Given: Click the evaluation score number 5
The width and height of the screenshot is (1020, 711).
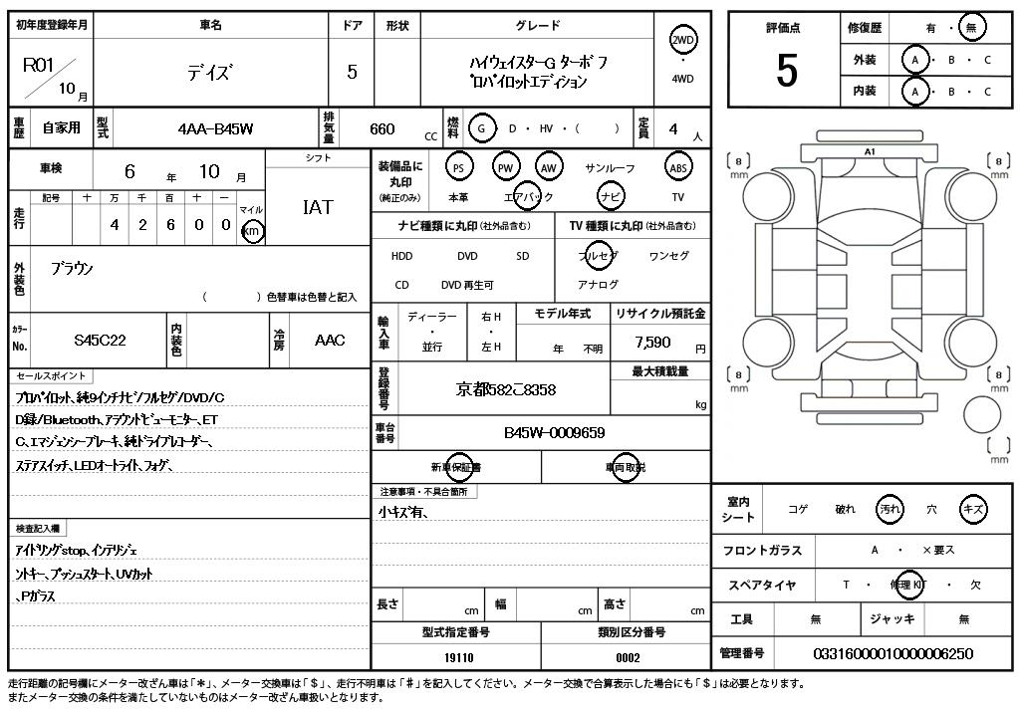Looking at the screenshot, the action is [x=786, y=71].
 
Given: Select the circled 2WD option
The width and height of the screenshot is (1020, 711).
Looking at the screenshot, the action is [x=682, y=40].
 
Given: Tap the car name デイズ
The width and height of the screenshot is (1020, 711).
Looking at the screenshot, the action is [x=209, y=72].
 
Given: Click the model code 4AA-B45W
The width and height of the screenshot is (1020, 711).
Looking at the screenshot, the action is [x=215, y=128].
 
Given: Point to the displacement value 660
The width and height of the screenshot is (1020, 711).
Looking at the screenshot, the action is [x=382, y=128].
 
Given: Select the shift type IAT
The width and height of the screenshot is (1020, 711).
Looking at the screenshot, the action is [x=317, y=207].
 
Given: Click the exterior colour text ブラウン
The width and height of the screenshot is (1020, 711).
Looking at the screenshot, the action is [x=72, y=269].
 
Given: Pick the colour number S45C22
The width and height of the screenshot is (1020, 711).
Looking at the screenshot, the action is [x=100, y=341].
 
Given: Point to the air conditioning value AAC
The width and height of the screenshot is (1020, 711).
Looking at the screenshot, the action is [x=330, y=341].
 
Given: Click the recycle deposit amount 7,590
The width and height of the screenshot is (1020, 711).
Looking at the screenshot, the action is [x=653, y=342].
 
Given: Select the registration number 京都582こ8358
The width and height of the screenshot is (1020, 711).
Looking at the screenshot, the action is [x=506, y=389].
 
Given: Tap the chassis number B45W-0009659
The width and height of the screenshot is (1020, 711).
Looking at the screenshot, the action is [x=554, y=433].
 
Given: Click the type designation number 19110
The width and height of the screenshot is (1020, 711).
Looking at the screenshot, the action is [x=459, y=657].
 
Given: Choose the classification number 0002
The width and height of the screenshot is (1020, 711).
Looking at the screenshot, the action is [x=628, y=657].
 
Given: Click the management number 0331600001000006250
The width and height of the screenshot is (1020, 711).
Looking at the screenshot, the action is [x=892, y=653].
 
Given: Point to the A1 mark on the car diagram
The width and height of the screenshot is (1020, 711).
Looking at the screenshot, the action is [x=870, y=152].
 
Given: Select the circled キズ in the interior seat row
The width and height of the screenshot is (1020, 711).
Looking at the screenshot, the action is [x=972, y=508].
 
